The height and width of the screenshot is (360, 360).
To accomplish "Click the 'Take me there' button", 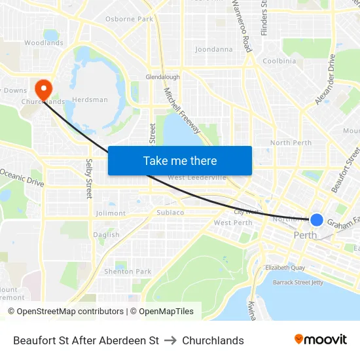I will coord(180,160).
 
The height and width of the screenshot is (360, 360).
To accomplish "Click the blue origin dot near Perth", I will coord(317,220).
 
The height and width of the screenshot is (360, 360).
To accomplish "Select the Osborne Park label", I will coord(129,19).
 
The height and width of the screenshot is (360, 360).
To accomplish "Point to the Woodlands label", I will coord(44,43).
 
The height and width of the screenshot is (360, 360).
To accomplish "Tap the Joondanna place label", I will coord(213,49).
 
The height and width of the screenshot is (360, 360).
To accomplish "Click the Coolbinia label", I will coord(279,61).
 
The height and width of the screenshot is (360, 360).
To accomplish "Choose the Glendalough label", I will coord(162,77).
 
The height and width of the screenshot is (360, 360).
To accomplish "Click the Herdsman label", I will coord(90,100).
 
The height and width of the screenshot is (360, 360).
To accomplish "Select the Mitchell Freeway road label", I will coord(182,111).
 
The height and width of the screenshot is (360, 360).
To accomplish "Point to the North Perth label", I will coord(291,143).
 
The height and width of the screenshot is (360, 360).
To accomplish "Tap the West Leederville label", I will coord(197,177).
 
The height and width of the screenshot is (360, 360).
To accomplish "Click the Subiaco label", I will coord(170,213).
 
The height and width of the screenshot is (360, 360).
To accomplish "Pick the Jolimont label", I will coord(111,213).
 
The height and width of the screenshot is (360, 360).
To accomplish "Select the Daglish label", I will coord(106,235).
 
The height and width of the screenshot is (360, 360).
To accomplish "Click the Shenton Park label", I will coord(128,272).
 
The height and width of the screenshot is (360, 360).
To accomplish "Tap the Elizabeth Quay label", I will coord(285,268).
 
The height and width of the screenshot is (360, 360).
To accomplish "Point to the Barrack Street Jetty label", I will coord(298,282).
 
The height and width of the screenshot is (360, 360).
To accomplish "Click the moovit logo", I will coord(320,340).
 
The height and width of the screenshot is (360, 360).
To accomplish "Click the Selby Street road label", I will coord(89,179).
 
